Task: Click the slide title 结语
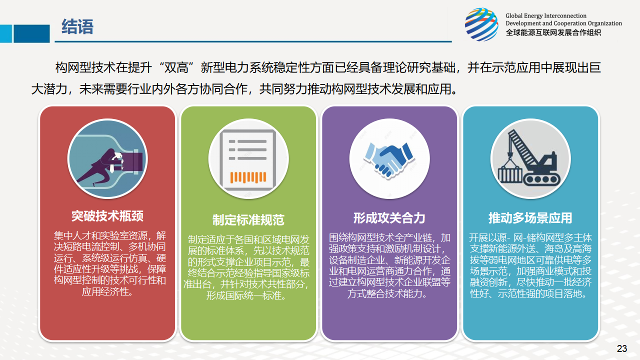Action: point(77,27)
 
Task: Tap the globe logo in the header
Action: point(481,24)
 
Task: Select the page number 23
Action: point(622,348)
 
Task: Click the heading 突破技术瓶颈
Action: point(107,216)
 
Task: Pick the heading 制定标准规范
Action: point(248,220)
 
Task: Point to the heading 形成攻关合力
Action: point(389,218)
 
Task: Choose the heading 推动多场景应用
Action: point(530,218)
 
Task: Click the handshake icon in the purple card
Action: point(389,160)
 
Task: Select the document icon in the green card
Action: point(248,159)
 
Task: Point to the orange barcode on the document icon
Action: point(248,177)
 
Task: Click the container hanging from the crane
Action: point(510,175)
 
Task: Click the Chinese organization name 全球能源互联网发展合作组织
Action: point(553,32)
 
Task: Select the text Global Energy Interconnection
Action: point(545,15)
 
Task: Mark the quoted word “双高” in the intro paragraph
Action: point(176,68)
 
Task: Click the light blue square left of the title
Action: point(6,33)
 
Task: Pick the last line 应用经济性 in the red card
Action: point(107,291)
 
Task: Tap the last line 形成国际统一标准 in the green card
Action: point(246,295)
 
